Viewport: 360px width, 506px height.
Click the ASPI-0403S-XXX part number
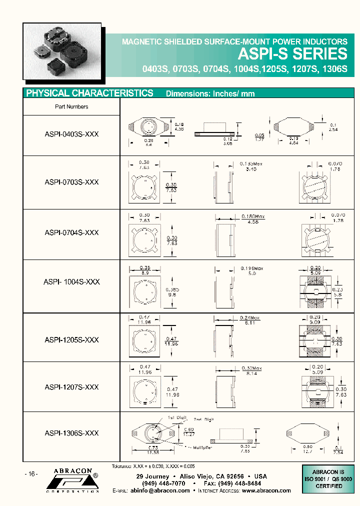71,135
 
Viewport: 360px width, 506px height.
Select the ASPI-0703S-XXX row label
71,182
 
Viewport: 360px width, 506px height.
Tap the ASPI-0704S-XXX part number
71,233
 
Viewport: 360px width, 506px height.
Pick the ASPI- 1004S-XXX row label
71,282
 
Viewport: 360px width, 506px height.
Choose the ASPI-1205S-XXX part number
71,340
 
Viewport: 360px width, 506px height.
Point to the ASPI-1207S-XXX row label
71,387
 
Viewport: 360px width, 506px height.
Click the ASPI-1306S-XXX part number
71,433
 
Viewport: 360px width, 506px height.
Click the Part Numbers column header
71,106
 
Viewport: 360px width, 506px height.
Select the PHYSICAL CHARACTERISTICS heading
89,93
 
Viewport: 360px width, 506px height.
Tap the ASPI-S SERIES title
292,54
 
